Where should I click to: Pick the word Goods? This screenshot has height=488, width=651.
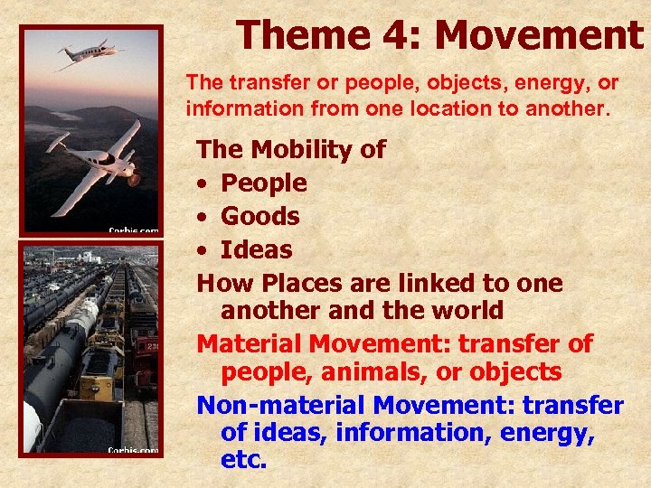point(260,217)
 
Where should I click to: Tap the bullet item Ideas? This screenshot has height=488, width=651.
point(257,250)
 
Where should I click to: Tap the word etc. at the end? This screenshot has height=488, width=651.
point(243,459)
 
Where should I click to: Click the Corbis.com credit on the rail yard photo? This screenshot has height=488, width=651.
point(133,449)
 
